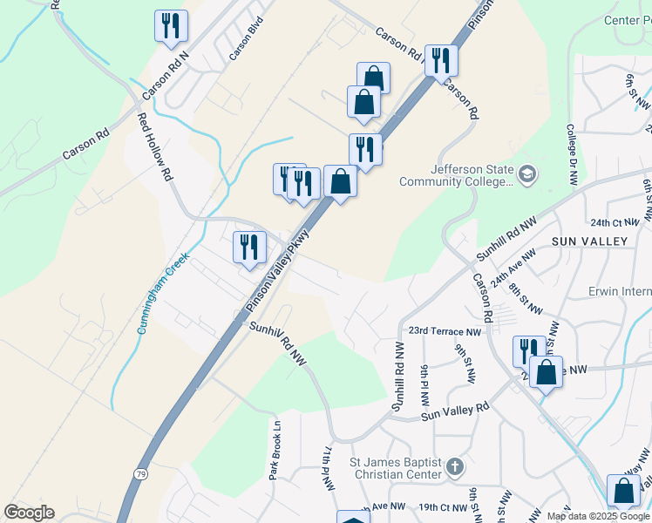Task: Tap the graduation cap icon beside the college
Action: pos(526,175)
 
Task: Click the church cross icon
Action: pos(454,468)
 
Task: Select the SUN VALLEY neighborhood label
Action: pos(588,241)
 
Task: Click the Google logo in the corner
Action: pos(29,512)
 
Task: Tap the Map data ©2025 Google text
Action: pos(598,516)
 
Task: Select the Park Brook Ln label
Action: pos(275,451)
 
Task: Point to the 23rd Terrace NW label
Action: pos(445,332)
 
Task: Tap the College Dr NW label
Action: pos(573,153)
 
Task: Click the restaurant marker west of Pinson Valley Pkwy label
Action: pos(249,246)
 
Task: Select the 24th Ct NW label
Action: pos(614,223)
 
